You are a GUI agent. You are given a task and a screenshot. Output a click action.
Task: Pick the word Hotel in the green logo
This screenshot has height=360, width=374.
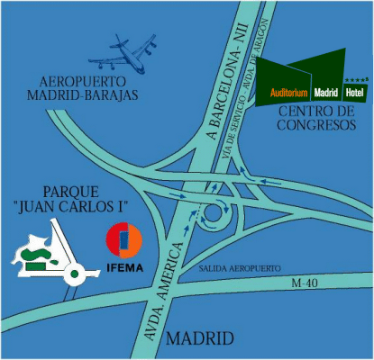[354, 94]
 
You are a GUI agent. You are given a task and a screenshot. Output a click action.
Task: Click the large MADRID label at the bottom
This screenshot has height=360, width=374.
[200, 339]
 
